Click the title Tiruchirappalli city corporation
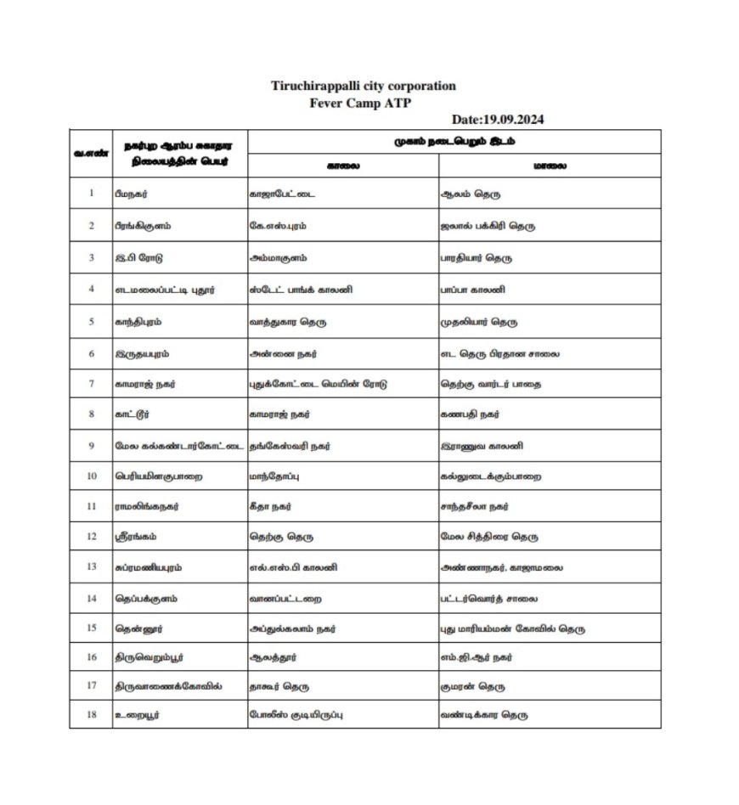pos(364,86)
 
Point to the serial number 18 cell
pos(91,715)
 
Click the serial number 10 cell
pos(91,476)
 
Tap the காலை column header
pos(343,166)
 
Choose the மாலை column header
pos(550,166)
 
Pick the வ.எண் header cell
pos(91,153)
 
